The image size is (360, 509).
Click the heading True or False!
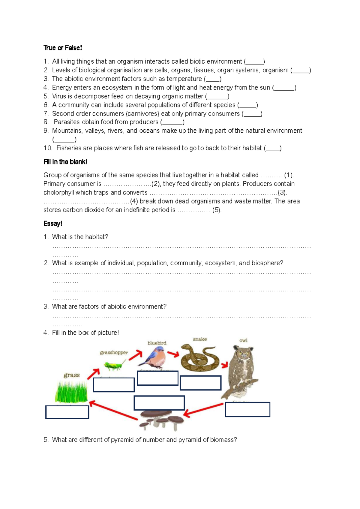[63, 48]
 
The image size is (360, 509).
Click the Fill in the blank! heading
[65, 162]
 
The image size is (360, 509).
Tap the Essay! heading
[53, 224]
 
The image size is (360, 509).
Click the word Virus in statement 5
[58, 96]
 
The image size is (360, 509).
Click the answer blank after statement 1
[254, 62]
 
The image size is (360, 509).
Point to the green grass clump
[71, 392]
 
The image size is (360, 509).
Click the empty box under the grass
[67, 412]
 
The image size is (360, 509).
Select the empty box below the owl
[247, 409]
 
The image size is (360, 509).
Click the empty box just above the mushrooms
[159, 403]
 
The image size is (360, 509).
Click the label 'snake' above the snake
[200, 339]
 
